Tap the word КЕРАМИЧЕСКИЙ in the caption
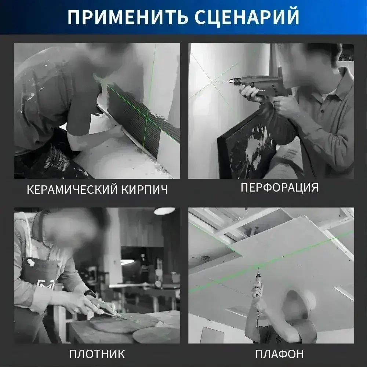(x=69, y=190)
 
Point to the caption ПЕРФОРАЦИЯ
(x=279, y=188)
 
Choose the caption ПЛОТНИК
(x=97, y=354)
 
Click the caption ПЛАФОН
(x=279, y=354)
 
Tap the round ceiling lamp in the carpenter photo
(x=164, y=211)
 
